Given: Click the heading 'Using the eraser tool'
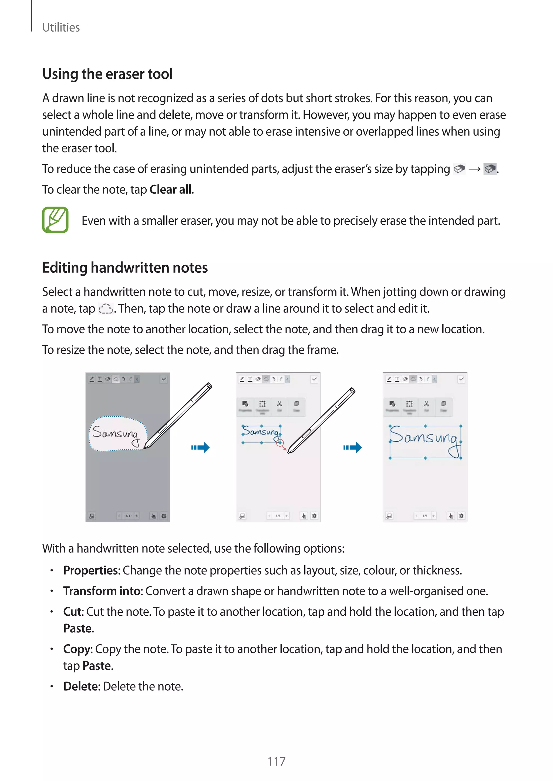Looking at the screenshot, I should tap(107, 74).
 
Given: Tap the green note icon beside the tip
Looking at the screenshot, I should tap(55, 220).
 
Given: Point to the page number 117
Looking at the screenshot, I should tap(276, 761).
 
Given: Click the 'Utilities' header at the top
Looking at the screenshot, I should tap(61, 27).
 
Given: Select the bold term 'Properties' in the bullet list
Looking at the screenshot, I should tap(90, 570).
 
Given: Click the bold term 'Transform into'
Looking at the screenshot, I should tap(102, 591).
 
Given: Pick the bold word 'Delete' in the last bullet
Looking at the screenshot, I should tap(81, 686).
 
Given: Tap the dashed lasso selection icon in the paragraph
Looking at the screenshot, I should tap(106, 309).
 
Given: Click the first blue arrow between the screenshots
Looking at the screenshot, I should tap(200, 447).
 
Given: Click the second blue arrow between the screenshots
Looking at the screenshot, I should tap(352, 447).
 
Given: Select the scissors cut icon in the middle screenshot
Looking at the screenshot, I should tap(279, 404).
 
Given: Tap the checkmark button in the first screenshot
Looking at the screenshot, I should tap(164, 379).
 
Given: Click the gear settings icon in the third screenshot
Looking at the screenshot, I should tap(461, 516).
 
